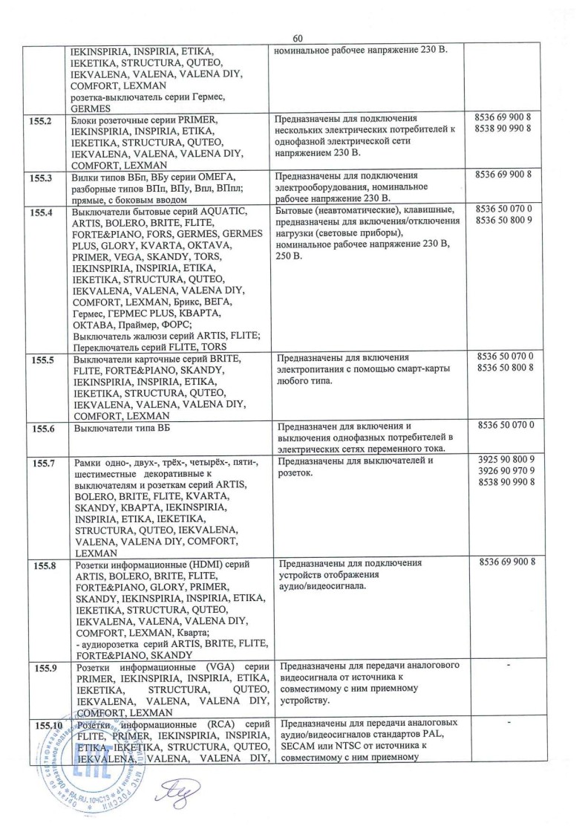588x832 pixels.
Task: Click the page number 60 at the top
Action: coord(298,38)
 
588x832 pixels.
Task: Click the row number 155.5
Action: coord(42,359)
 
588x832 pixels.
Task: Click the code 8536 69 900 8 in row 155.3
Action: coord(506,175)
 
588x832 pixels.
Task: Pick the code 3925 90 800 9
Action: coord(507,460)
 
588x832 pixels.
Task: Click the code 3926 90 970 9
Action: coord(507,471)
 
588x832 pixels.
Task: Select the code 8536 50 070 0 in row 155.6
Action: coord(507,426)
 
